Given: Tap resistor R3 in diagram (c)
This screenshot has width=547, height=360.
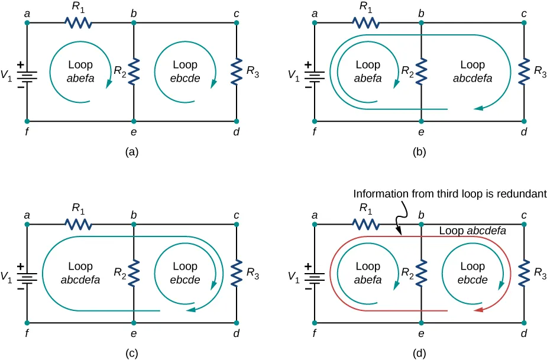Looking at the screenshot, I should (236, 273).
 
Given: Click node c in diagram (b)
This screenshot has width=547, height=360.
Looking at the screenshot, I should (524, 23).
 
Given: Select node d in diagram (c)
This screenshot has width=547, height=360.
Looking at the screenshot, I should (236, 323).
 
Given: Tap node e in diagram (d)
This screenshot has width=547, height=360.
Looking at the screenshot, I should (421, 323).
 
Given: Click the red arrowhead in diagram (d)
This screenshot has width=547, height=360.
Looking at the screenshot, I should (479, 310).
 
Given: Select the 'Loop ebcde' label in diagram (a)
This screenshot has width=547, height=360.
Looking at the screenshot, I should (185, 71).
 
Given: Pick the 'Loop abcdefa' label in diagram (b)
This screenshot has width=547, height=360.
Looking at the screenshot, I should (472, 71).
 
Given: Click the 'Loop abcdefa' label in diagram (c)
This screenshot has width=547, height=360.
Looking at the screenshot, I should (80, 273).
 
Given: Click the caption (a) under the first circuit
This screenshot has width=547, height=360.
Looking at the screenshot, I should (132, 152).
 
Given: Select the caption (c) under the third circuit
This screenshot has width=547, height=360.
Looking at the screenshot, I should (132, 353).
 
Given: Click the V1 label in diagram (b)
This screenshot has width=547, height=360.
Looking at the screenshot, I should (293, 75).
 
